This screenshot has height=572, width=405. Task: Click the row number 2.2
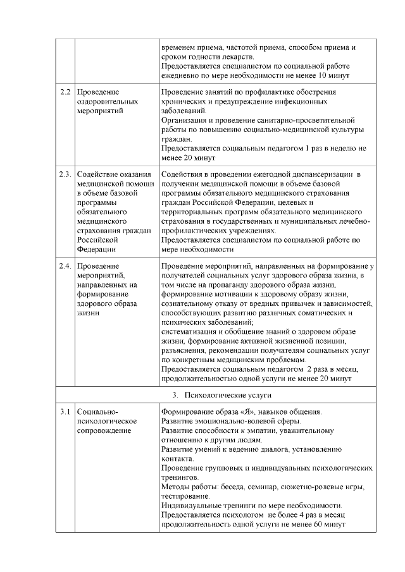[x=64, y=92]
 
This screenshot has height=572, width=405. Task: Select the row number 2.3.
[x=65, y=174]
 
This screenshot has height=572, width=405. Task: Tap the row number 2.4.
[x=65, y=266]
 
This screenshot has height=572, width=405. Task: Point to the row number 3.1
[x=64, y=413]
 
